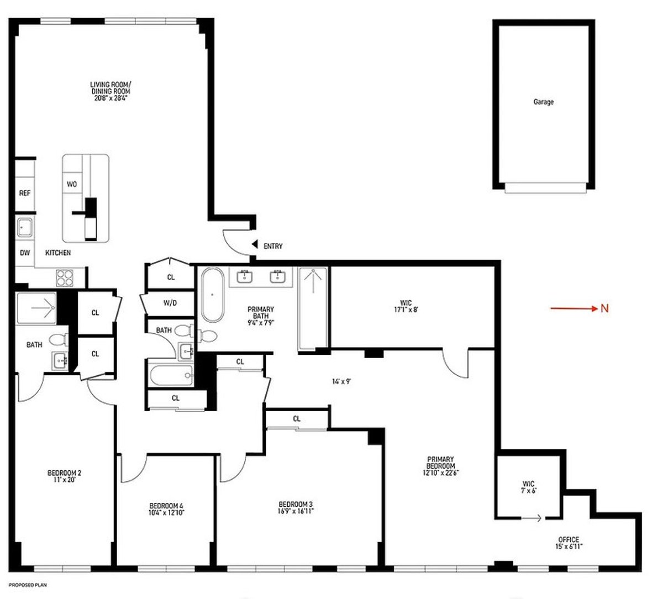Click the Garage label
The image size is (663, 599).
tap(543, 102)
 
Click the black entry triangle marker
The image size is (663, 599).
tap(254, 244)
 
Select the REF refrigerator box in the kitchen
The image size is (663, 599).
tap(25, 193)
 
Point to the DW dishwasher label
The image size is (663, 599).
tap(24, 253)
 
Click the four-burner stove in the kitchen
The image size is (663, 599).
tap(65, 277)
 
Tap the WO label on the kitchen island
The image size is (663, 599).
tap(72, 184)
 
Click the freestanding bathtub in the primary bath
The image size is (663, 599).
tap(212, 295)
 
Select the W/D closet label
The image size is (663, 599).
tap(170, 303)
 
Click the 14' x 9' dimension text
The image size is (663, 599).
tap(342, 381)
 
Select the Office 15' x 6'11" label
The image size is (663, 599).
tap(568, 543)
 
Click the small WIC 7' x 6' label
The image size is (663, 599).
tap(528, 487)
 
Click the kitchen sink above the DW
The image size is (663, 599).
tap(24, 227)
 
